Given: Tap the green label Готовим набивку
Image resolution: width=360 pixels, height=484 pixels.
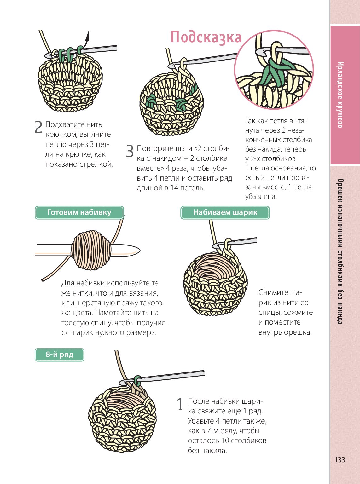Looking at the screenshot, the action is click(79, 213).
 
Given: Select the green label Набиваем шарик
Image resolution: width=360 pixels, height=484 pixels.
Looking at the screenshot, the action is click(225, 213).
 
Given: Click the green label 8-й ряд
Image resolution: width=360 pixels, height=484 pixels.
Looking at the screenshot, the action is click(59, 354).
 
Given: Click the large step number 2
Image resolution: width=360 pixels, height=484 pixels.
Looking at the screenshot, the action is click(39, 127).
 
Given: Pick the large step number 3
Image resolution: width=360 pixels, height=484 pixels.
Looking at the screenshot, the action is click(130, 151).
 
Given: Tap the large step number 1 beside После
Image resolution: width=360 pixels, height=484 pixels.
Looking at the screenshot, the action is click(180, 404).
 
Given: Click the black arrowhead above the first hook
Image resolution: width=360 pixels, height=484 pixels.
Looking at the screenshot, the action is click(87, 36).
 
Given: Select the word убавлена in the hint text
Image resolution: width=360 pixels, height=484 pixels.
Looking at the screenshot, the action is click(261, 197).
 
